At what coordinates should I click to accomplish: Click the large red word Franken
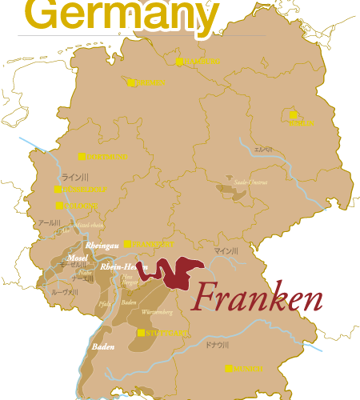pos(258,298)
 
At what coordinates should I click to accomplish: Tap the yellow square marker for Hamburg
pos(179,61)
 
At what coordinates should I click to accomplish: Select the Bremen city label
pos(150,82)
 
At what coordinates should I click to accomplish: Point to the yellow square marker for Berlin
pos(294,114)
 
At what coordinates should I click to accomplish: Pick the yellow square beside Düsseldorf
pos(58,189)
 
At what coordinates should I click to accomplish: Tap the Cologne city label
pos(81,206)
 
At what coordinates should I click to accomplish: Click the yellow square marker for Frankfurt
pos(127,243)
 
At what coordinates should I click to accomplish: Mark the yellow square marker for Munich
pos(229,368)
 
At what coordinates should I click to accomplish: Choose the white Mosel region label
pos(77,258)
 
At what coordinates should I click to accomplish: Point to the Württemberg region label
pos(157,311)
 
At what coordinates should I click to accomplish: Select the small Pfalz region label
pos(105,304)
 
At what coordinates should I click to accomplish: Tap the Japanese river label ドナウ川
pos(217,345)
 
